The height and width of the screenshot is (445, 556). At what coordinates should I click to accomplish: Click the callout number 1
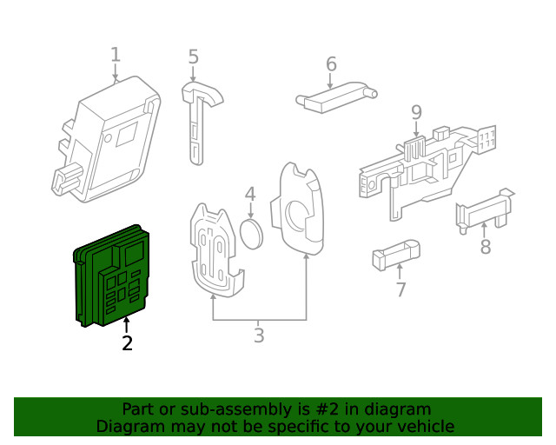pos(116,56)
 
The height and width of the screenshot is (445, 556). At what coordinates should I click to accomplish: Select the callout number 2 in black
pos(127,343)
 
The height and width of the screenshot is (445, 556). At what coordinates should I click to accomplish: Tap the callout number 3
pos(259,335)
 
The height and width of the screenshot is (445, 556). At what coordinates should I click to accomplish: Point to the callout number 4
pos(250,195)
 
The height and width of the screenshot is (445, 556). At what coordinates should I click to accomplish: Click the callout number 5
pos(193,57)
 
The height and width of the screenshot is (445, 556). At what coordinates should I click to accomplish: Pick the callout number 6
pos(331,64)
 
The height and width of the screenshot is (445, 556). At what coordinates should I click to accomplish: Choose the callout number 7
pos(400,290)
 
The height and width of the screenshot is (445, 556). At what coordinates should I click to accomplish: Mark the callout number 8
pos(486,247)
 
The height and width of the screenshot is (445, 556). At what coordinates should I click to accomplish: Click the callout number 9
pos(416,112)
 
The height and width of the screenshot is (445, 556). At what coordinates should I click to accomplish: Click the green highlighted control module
pos(113,276)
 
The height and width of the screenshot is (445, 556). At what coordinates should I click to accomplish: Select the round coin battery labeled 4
pos(251,233)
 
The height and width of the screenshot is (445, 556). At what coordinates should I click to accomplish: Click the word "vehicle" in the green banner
pos(425,427)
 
